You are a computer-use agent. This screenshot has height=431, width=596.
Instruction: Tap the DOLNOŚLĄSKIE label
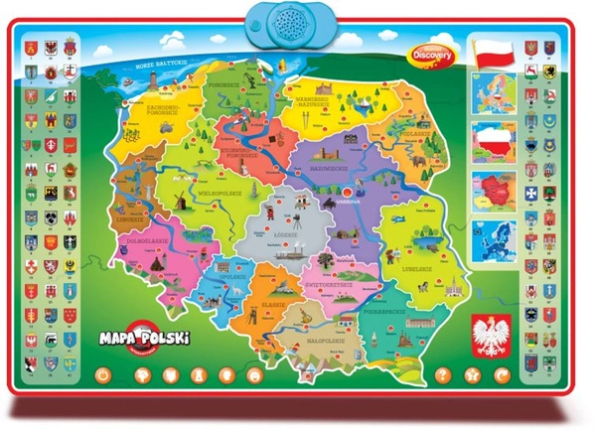pos(156,239)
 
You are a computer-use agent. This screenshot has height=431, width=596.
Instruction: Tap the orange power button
pos(101,375)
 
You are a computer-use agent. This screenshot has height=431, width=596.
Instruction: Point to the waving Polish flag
pos(495,54)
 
